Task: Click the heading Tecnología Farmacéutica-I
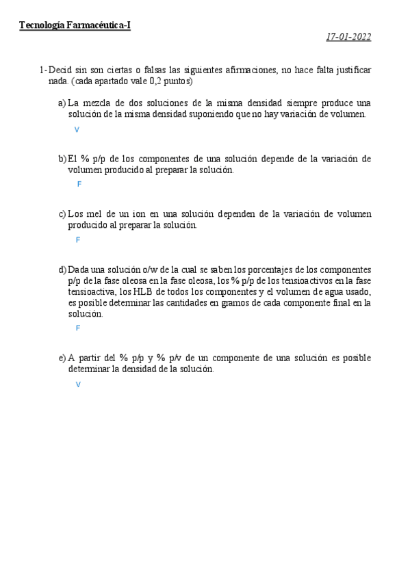click(75, 25)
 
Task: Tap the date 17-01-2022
click(348, 37)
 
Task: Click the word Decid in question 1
click(61, 70)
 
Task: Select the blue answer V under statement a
click(77, 129)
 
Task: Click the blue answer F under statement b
click(79, 185)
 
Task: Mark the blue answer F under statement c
click(78, 240)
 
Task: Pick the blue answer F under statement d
click(78, 328)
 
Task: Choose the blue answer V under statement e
click(78, 384)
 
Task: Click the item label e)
click(62, 358)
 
